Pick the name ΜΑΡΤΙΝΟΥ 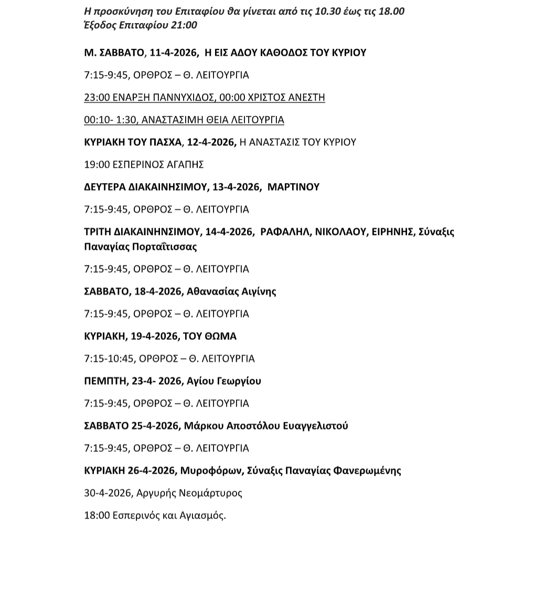(293, 187)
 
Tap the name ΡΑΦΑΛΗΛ (285, 231)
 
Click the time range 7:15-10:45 (110, 359)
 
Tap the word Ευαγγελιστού (315, 425)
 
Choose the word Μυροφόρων (211, 471)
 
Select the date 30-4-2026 (108, 493)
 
